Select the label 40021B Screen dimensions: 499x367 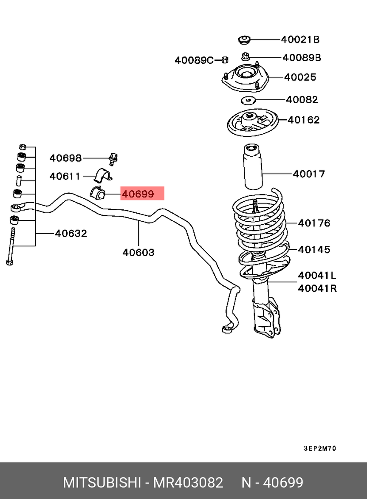[300, 39]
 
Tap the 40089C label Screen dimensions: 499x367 [194, 60]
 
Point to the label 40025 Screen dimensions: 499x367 [300, 77]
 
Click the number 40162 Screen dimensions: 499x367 [304, 120]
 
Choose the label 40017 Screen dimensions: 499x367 [309, 173]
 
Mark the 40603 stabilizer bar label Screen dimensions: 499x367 [138, 252]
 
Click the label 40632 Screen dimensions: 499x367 [71, 233]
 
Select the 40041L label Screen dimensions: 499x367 [317, 276]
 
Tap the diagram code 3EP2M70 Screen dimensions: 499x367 [320, 448]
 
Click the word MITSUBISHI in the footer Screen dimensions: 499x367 [102, 482]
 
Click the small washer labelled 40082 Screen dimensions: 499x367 [247, 100]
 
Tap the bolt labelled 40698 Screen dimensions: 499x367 [113, 158]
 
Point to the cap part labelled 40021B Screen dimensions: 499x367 [244, 40]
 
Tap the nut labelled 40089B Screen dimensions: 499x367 [245, 56]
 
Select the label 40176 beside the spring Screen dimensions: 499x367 [314, 223]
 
